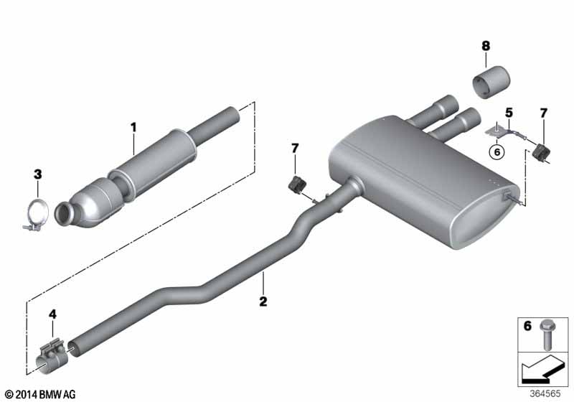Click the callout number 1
coord(133,127)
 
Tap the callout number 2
coord(263,301)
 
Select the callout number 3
coord(38,174)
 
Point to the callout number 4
coord(53,314)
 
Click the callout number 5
coord(509,113)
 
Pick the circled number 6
coord(497,151)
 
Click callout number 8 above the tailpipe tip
coord(486,46)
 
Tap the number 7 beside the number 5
coord(543,113)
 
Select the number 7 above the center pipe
coord(295,149)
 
